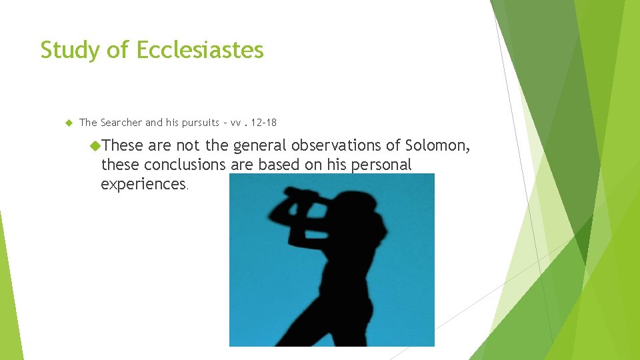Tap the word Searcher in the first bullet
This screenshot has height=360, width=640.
point(121,123)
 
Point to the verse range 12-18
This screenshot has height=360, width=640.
point(265,123)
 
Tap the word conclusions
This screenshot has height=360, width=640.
point(185,165)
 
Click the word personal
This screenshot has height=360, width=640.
point(382,165)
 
